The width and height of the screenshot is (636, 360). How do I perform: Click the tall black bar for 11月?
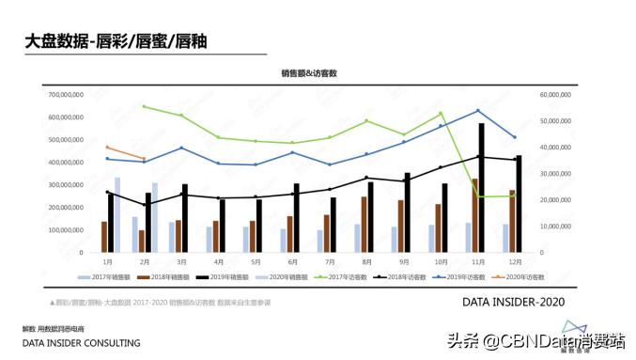click(482, 188)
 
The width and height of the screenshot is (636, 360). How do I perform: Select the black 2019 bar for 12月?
click(519, 204)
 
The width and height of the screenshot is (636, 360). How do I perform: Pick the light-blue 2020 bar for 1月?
click(117, 214)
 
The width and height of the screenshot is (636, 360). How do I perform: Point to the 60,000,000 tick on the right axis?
click(557, 95)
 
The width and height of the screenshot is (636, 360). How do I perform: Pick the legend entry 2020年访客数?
click(525, 277)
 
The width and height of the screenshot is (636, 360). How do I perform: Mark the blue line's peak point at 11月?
click(478, 111)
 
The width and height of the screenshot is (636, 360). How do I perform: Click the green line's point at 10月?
click(441, 114)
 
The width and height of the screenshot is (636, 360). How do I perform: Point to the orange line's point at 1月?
click(108, 148)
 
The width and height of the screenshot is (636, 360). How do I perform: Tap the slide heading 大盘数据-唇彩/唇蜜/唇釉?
click(116, 41)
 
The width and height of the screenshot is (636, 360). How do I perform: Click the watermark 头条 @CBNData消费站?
click(531, 340)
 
